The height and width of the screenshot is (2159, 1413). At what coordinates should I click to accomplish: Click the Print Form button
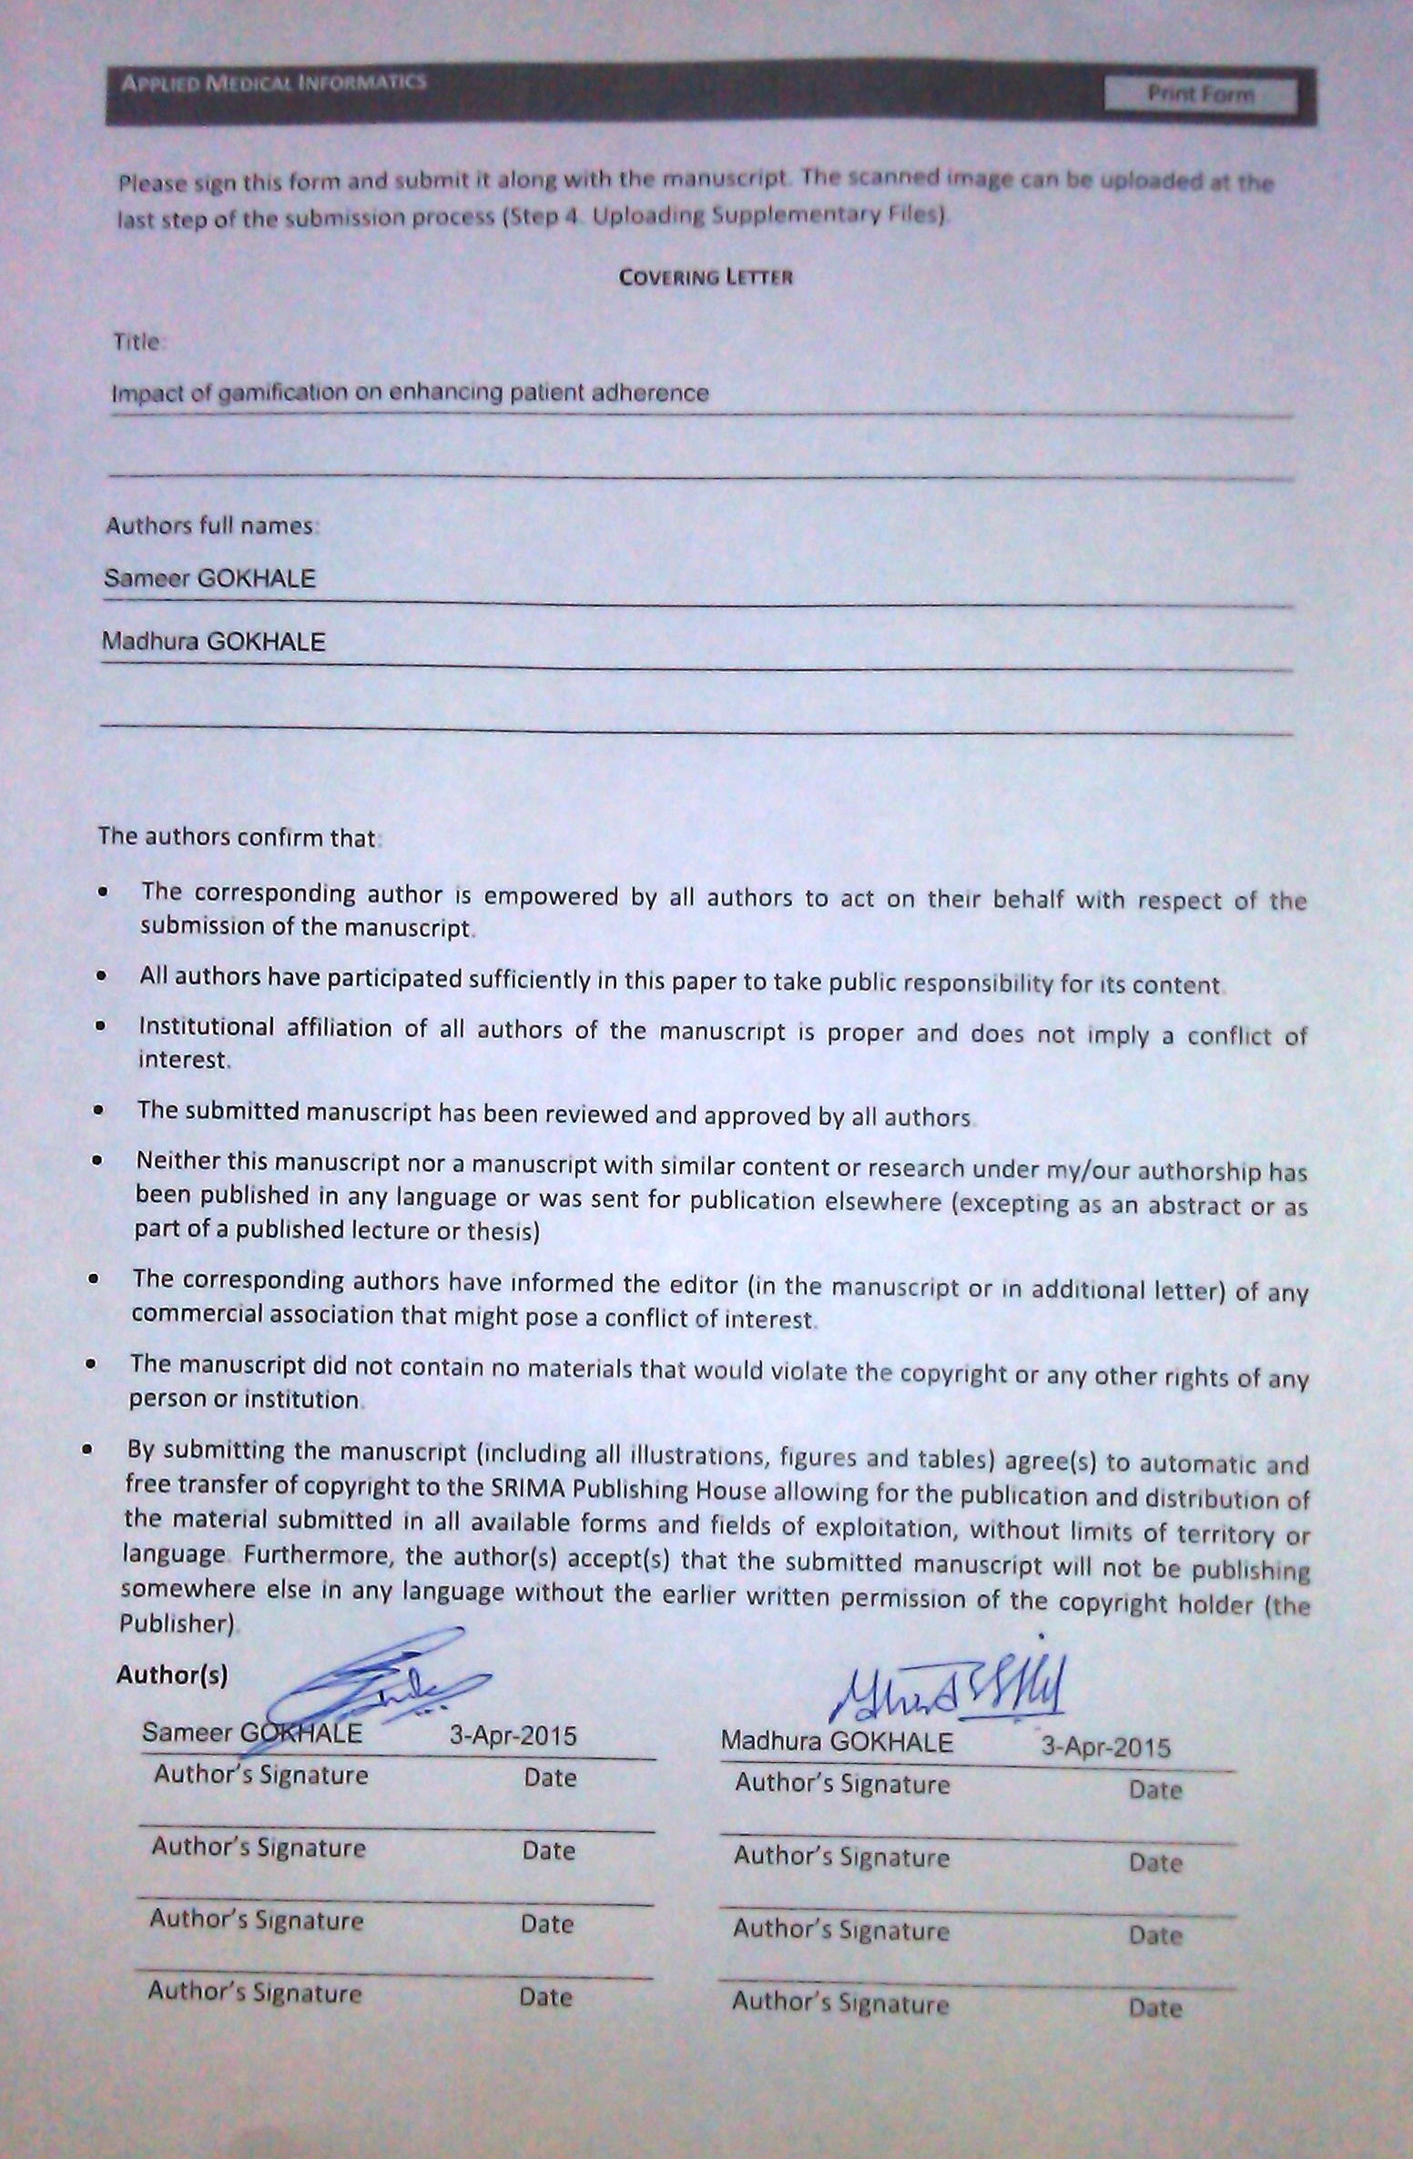point(1200,95)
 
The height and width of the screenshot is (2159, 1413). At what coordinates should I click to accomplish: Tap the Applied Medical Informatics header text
point(273,83)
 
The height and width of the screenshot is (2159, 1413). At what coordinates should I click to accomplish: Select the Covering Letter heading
point(706,277)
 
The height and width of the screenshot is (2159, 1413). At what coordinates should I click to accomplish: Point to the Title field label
point(137,342)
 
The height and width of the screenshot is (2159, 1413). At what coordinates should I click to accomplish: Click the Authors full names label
point(210,525)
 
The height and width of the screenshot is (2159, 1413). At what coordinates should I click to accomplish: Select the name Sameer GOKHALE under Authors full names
point(210,578)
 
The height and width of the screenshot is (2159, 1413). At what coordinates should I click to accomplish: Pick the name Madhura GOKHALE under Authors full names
point(213,642)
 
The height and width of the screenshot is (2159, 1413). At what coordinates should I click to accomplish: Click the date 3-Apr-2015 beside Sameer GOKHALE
point(513,1736)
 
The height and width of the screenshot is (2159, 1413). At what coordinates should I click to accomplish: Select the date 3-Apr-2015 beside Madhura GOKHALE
point(1105,1747)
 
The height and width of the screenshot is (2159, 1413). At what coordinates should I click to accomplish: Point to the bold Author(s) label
point(172,1675)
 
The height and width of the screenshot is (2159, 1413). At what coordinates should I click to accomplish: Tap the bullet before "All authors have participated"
point(101,975)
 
